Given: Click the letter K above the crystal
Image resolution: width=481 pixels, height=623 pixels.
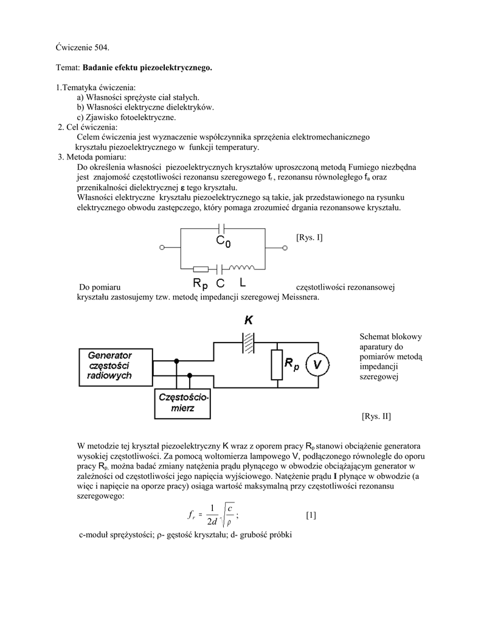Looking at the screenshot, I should click(x=248, y=320).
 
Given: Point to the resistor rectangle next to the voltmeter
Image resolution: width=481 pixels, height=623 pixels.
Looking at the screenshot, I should click(x=277, y=364).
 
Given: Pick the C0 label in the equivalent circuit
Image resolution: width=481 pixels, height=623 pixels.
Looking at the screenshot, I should click(x=223, y=242).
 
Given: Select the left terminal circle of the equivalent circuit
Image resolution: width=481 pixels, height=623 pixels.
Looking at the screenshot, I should click(x=162, y=248).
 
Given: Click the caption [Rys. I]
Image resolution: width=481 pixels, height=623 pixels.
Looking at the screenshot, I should click(x=310, y=237).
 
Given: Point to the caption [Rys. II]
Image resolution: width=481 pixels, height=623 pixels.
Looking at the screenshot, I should click(x=376, y=416).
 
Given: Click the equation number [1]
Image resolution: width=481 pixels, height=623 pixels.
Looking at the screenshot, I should click(x=311, y=515).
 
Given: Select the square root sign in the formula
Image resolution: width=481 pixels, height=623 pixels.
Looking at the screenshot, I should click(x=224, y=515).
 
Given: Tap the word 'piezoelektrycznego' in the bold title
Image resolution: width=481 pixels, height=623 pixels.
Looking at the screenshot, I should click(x=177, y=68).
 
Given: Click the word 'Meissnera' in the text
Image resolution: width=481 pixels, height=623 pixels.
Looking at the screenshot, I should click(x=299, y=297).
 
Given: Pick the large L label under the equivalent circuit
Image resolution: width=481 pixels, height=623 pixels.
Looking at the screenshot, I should click(x=243, y=284).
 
